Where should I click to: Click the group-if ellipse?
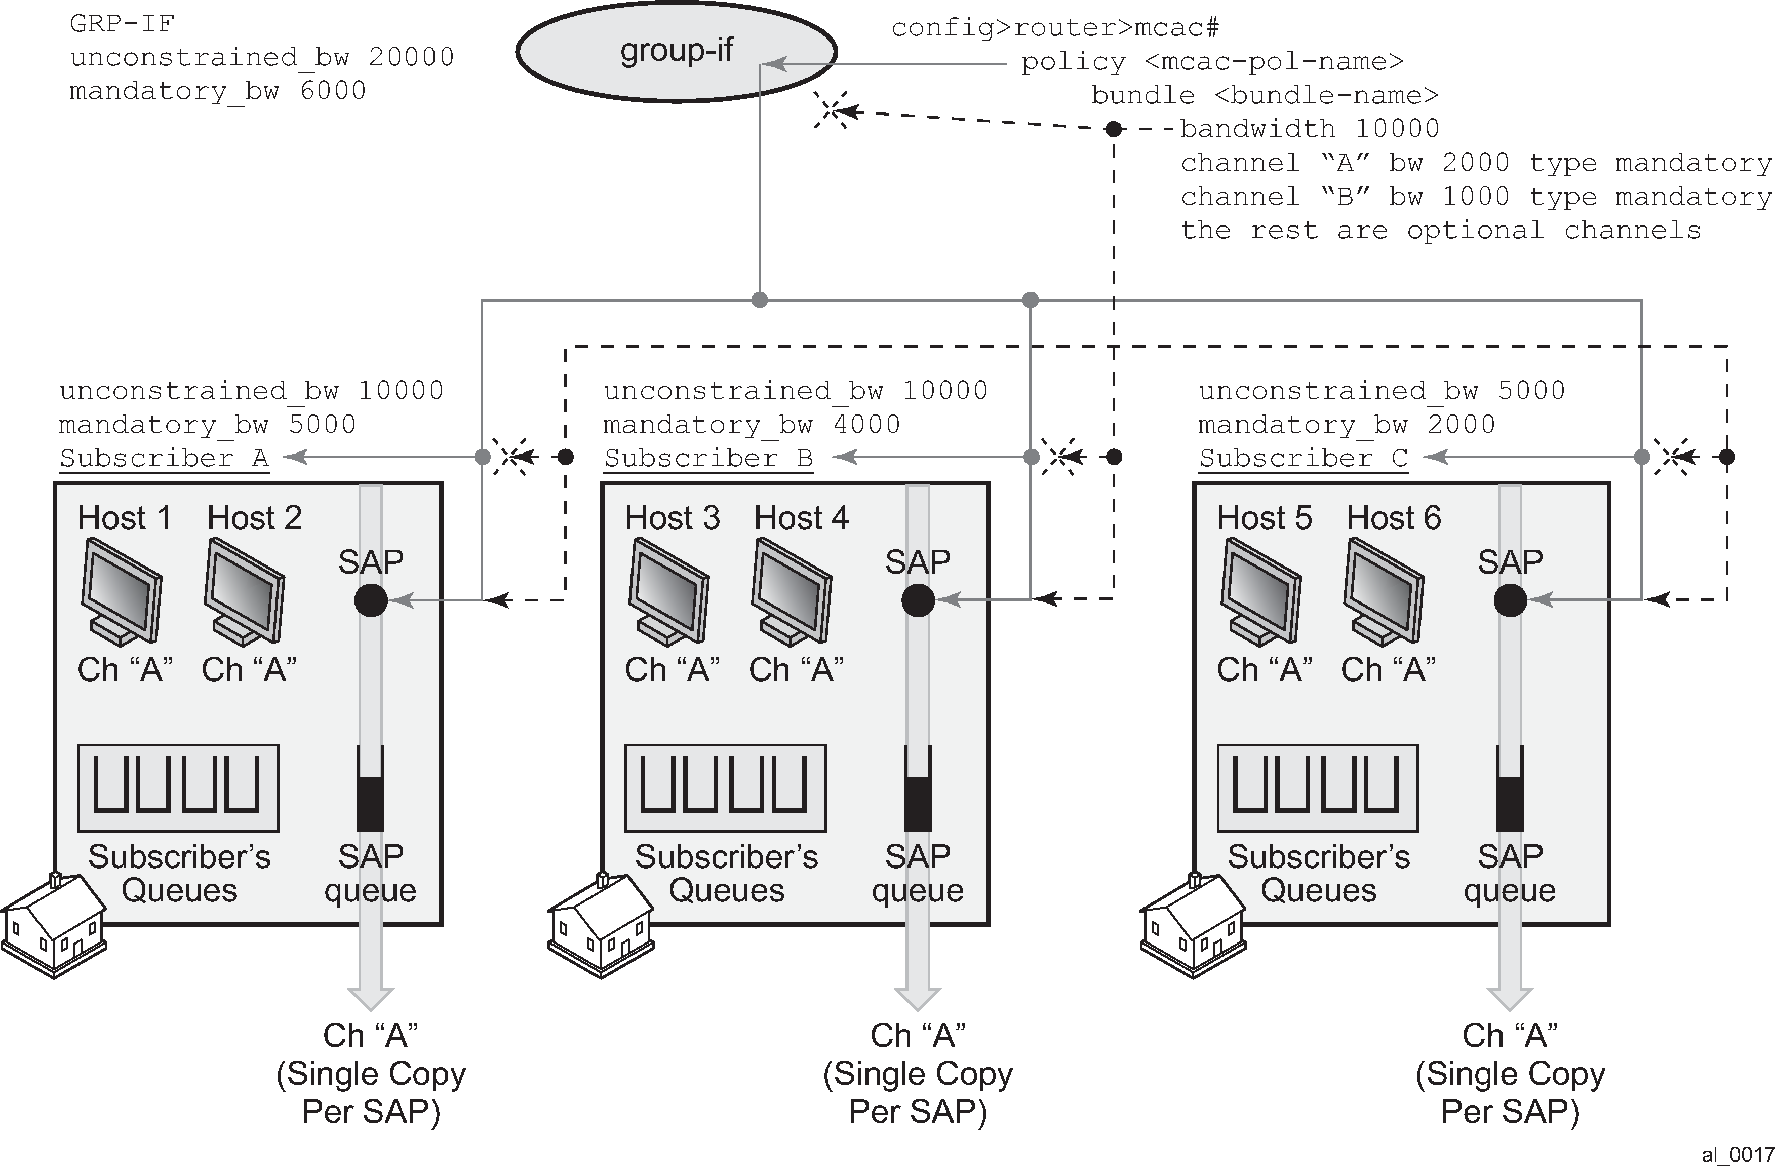coord(676,51)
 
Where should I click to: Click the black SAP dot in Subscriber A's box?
coord(371,600)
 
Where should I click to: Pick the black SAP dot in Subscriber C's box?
coord(1510,600)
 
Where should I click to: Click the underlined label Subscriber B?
coord(708,458)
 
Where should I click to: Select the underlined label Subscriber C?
coord(1303,458)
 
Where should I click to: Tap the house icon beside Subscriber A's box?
coord(54,926)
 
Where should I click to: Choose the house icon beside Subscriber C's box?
coord(1193,926)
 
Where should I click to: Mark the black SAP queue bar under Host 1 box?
coord(370,803)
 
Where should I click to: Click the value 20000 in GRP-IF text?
coord(411,57)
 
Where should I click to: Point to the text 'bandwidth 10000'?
coord(1310,128)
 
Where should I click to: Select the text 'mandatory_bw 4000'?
coord(752,424)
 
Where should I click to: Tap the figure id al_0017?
coord(1737,1155)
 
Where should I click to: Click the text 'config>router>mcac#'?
coord(1055,28)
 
